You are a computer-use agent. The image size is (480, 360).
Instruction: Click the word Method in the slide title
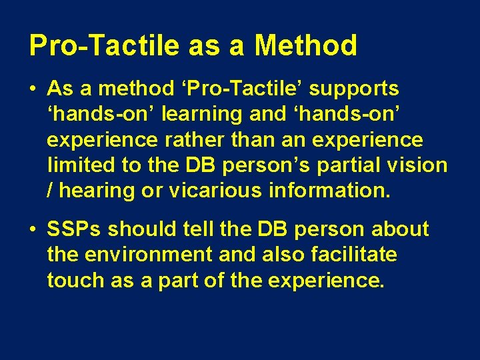[306, 46]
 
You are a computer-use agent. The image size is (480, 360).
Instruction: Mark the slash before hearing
[51, 190]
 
